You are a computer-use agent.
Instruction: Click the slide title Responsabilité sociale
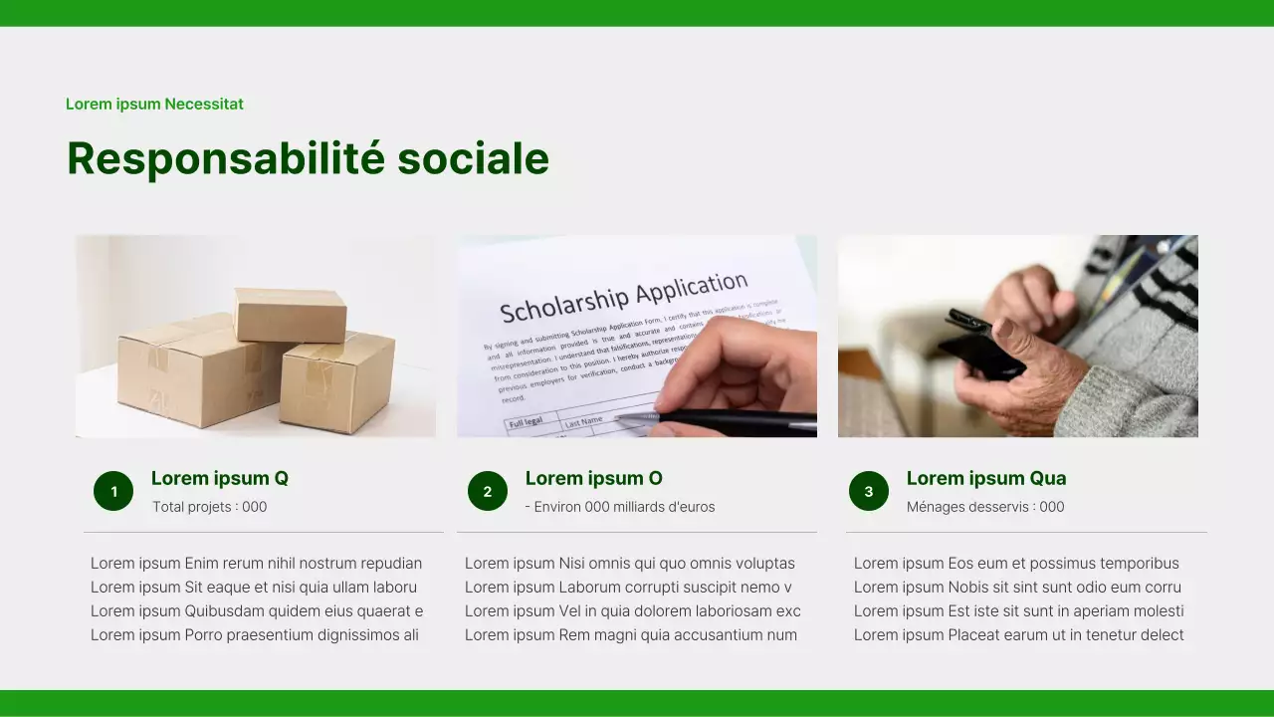tap(308, 159)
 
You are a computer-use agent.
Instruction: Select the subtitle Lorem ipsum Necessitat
tap(154, 104)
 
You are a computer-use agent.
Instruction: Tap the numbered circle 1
tap(113, 491)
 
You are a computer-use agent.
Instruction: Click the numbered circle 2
tap(488, 491)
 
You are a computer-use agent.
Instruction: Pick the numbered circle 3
tap(869, 491)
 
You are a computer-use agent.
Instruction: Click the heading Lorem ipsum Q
tap(220, 478)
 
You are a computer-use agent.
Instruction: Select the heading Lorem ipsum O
tap(593, 478)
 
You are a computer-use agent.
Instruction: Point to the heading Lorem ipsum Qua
tap(985, 478)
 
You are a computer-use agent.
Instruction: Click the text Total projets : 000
tap(210, 507)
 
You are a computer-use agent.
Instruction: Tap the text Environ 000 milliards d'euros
tap(620, 507)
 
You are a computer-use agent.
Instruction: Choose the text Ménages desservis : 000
tap(985, 507)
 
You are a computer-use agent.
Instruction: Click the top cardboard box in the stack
tap(290, 315)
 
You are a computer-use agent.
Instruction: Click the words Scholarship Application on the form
tap(623, 297)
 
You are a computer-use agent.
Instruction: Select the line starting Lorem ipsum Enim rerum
tap(256, 564)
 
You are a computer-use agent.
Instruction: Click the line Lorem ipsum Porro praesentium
tap(254, 635)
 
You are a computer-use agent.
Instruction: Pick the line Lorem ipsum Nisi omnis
tap(629, 564)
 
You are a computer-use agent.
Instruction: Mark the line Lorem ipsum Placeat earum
tap(1018, 635)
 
